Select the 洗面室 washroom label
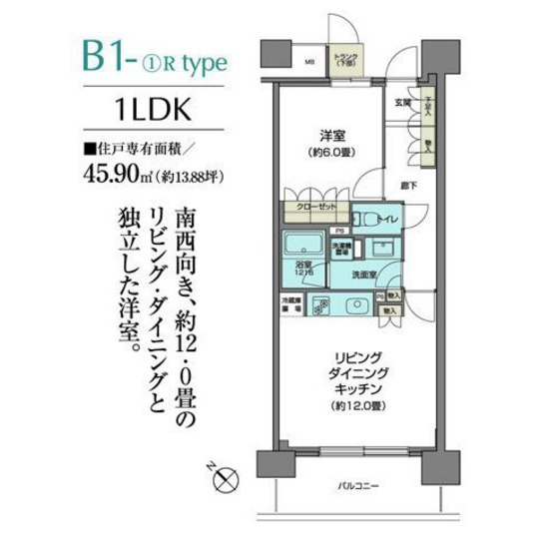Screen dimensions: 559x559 [363, 274]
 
